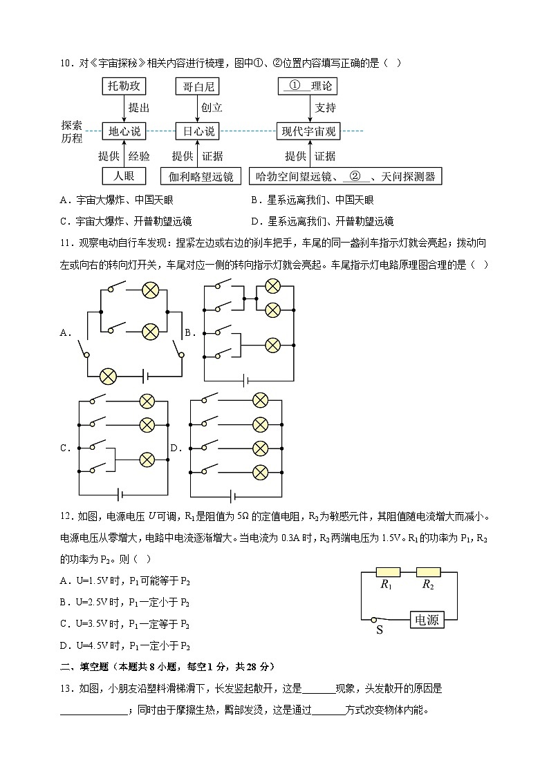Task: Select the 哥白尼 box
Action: (197, 86)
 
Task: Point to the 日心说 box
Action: (197, 131)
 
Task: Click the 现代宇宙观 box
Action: (308, 131)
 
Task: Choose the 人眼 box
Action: (124, 176)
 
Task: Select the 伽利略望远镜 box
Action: (201, 176)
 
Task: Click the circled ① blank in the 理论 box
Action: (295, 86)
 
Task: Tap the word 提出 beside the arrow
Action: (139, 108)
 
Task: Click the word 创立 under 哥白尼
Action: (212, 108)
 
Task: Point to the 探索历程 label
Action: (72, 131)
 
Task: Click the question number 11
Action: (66, 243)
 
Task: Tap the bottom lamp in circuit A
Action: (108, 376)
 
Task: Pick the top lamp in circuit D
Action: (260, 399)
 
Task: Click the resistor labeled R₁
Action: (387, 571)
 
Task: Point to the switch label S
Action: (379, 630)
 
